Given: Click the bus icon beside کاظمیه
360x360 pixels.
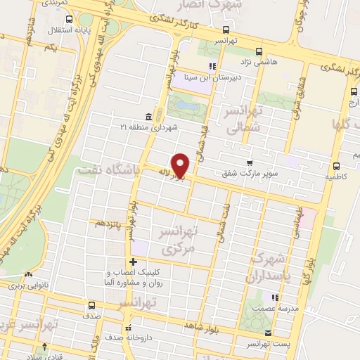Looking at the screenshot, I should point(336,167).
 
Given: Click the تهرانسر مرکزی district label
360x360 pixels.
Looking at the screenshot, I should point(179,239).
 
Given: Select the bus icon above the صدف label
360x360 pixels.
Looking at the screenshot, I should point(92,305).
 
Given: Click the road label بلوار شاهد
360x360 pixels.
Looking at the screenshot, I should point(203,325).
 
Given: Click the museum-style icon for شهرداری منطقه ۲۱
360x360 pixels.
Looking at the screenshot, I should point(148,116).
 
